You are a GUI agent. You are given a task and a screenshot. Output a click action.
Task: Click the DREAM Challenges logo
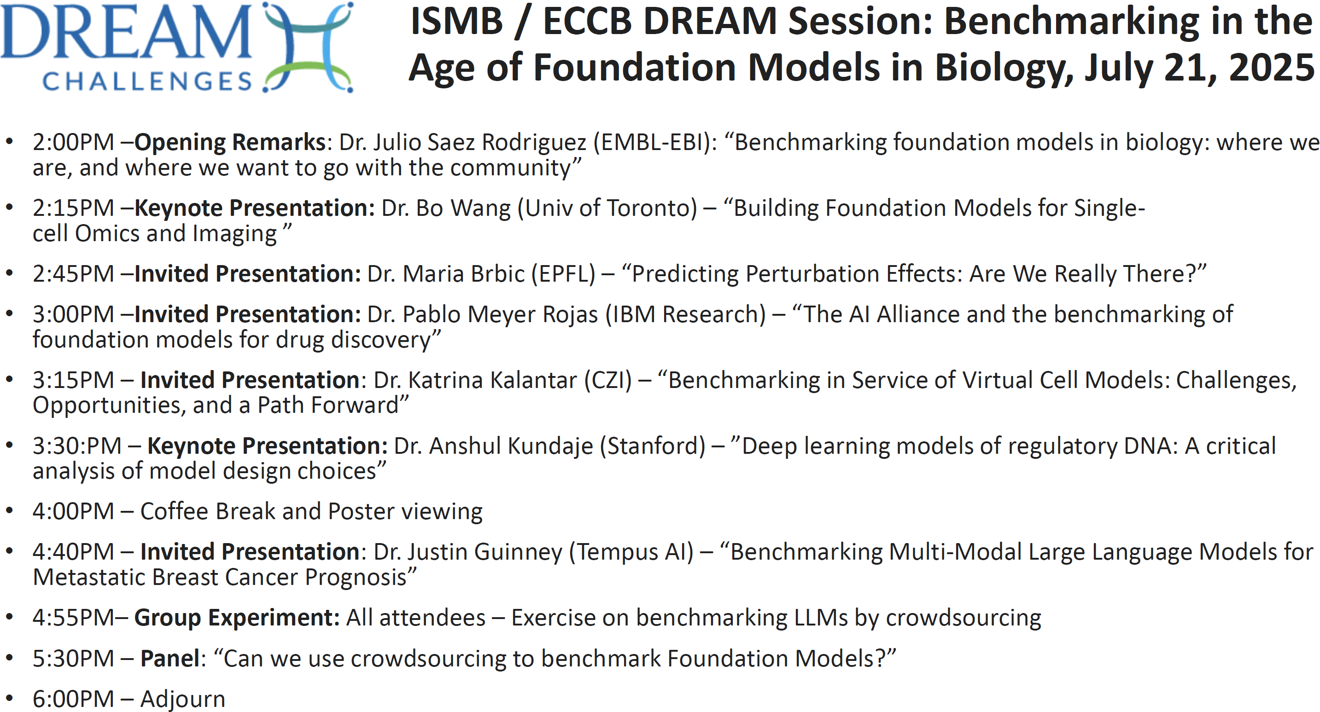(x=177, y=47)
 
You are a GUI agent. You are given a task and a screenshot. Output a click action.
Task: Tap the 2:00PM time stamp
(x=73, y=142)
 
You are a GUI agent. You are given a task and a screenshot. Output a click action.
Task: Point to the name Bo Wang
(x=463, y=208)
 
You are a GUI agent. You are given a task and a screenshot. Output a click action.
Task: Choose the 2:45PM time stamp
(x=73, y=273)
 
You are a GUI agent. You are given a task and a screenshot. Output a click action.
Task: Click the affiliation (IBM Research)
(x=686, y=314)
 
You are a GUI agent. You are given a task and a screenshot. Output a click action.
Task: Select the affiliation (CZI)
(x=608, y=380)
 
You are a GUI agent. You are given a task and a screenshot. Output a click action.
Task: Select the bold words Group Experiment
(x=237, y=618)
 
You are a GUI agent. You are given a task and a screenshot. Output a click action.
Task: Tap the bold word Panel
(x=169, y=659)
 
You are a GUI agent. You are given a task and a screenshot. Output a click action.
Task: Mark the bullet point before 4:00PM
(x=9, y=511)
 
